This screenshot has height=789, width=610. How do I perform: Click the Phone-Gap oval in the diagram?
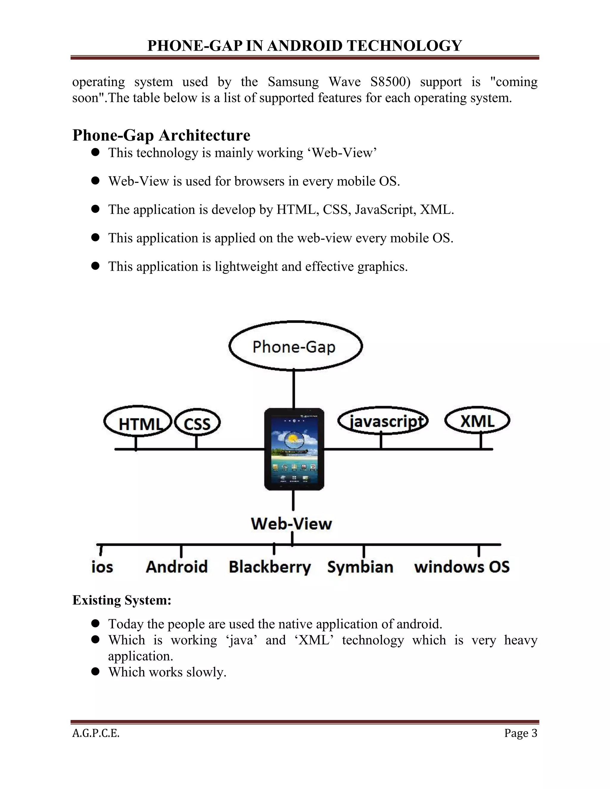(x=295, y=346)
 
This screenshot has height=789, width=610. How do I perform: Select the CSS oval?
(x=197, y=423)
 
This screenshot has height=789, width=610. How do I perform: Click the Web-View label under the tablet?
(x=291, y=523)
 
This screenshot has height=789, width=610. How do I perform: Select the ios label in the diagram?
(x=102, y=567)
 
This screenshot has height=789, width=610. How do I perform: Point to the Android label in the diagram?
(x=177, y=567)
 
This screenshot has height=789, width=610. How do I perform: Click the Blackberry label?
(x=270, y=567)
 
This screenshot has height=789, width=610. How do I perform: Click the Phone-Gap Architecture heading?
(x=161, y=135)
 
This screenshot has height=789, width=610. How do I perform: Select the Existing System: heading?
(x=122, y=600)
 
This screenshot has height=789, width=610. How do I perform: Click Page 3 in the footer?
(x=521, y=733)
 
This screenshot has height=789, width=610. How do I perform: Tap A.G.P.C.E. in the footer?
(x=96, y=733)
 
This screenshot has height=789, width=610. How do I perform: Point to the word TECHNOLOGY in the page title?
(x=404, y=46)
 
